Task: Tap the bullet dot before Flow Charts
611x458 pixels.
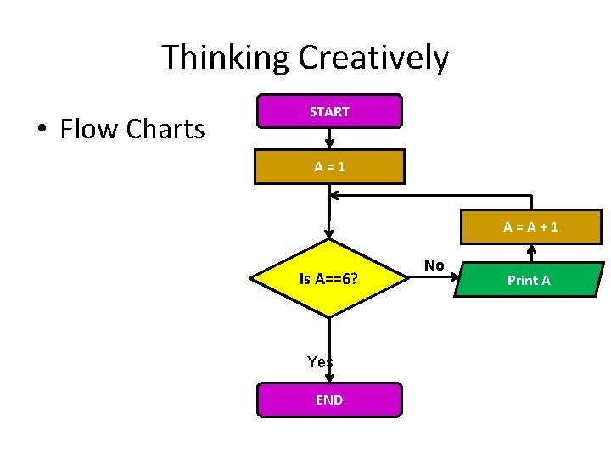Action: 40,130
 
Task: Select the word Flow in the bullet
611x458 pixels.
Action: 89,129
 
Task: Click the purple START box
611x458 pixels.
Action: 329,111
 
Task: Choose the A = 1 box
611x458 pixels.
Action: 329,167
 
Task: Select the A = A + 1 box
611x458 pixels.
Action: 530,226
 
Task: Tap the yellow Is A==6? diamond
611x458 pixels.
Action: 328,278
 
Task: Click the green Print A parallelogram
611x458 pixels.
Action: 529,280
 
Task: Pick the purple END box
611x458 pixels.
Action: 329,399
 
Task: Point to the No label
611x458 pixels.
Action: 434,265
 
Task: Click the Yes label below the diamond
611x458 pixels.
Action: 319,362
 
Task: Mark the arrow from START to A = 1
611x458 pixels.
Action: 329,137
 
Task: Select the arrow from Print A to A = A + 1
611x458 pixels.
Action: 532,253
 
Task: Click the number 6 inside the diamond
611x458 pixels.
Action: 343,278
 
